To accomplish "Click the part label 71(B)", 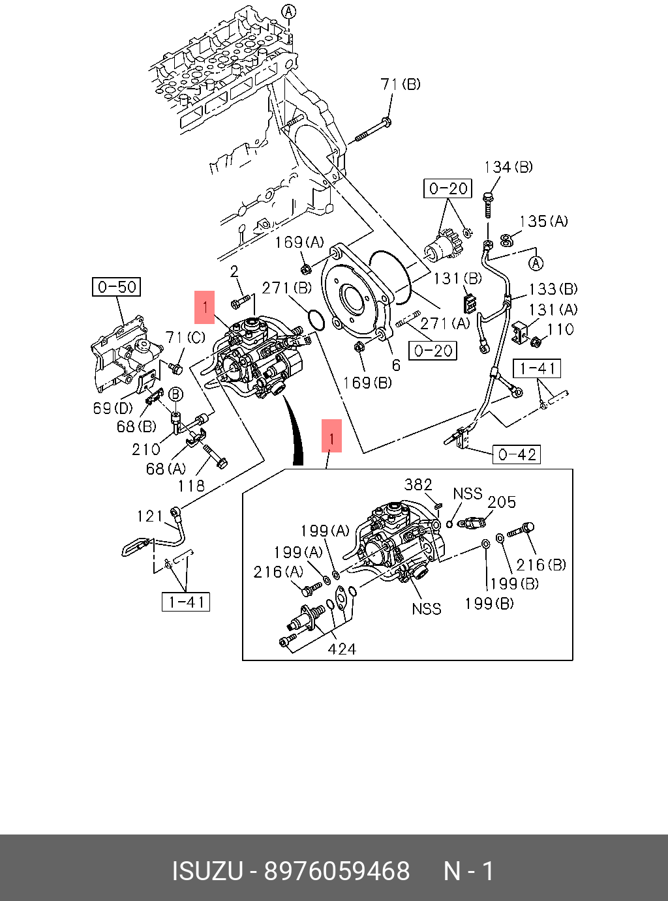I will point(401,84).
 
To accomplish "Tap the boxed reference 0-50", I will point(117,287).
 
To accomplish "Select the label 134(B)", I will point(508,167).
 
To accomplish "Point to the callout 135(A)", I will point(543,222).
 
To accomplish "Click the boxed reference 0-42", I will point(517,454).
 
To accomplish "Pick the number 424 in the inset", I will point(342,649).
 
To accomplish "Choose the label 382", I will point(418,484).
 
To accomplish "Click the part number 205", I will point(502,503).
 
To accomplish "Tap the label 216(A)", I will point(279,572).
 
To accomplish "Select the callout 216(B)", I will point(541,565).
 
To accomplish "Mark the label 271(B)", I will point(287,288).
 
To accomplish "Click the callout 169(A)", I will point(299,243).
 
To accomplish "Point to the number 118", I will point(191,485).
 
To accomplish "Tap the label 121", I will point(150,516).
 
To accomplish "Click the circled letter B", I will point(175,394).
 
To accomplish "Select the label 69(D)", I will point(113,408).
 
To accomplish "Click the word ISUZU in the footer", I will point(207,871).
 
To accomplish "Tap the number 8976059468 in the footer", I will point(337,871).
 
